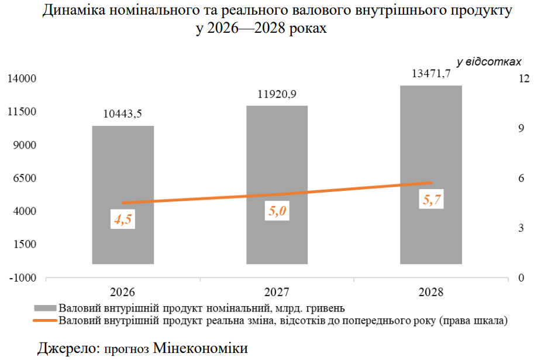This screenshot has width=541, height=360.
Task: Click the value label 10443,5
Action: click(x=123, y=114)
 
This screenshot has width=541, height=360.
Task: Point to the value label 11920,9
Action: click(x=277, y=94)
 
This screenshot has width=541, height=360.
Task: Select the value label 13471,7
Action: click(x=432, y=74)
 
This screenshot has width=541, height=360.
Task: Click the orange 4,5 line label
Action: click(x=123, y=220)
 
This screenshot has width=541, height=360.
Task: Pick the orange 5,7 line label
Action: click(x=431, y=200)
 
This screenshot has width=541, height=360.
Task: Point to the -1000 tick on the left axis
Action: click(x=22, y=277)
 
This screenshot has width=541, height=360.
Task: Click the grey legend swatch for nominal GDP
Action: click(x=46, y=307)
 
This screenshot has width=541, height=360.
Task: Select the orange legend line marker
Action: click(x=46, y=320)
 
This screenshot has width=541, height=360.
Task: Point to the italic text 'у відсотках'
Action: click(x=488, y=61)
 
